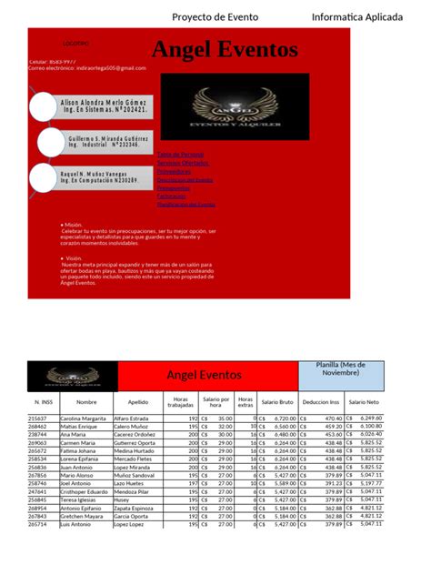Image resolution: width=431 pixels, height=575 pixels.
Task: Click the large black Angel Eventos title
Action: [224, 49]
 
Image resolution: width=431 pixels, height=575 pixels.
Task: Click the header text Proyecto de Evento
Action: [215, 16]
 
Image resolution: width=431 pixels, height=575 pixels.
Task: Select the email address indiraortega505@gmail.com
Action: [87, 67]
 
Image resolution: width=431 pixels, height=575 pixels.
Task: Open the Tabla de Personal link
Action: [180, 155]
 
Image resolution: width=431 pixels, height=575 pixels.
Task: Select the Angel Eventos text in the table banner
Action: [204, 375]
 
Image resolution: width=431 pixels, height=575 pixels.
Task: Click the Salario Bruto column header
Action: [277, 401]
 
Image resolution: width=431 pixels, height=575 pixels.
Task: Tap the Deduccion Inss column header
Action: [321, 401]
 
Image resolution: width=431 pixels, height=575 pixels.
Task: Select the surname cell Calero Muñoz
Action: [133, 426]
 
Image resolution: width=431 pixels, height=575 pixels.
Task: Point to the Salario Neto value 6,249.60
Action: [371, 418]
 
